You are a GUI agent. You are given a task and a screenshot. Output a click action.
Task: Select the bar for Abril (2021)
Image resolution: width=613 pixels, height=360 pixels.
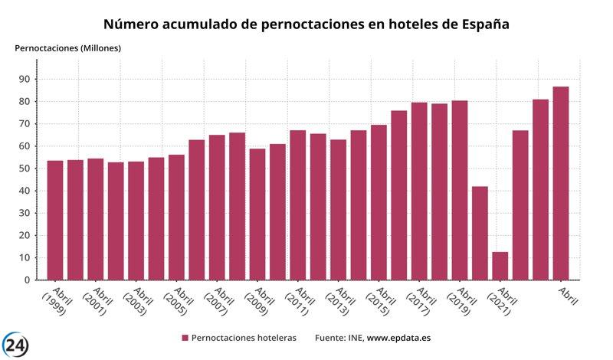pos(500,266)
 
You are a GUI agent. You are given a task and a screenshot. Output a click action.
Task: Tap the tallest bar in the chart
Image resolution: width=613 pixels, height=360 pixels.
pos(561,184)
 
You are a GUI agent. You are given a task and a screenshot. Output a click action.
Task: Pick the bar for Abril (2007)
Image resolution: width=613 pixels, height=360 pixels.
pos(217,208)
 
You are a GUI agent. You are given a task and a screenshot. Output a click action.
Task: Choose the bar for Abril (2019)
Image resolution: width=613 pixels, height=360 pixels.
pos(460,191)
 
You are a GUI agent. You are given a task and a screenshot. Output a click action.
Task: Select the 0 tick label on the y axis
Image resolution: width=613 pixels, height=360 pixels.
pos(27,280)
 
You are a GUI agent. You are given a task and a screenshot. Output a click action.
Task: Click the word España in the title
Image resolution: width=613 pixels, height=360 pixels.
pos(479,25)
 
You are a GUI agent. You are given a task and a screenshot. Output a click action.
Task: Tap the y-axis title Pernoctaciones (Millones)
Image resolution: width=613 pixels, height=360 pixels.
pos(68,48)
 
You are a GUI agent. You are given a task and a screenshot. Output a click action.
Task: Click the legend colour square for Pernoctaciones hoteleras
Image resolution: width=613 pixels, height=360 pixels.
pos(185,338)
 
